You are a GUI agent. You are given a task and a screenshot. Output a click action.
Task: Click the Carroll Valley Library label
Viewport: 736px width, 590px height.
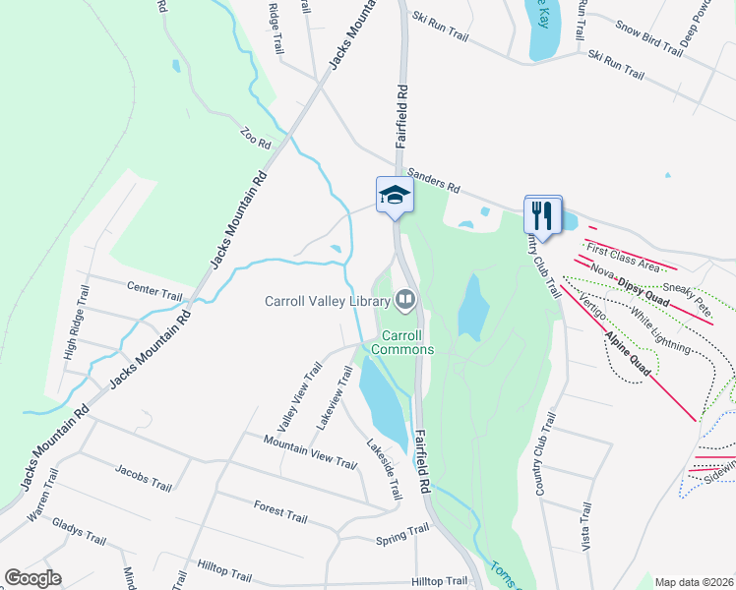327,301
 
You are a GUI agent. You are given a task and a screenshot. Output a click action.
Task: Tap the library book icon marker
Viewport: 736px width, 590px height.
404,298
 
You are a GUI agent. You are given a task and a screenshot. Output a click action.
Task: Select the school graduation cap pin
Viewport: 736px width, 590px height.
395,195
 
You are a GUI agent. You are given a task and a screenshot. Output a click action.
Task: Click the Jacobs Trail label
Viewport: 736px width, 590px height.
143,479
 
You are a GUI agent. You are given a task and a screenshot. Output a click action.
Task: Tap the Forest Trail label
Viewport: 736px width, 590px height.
281,512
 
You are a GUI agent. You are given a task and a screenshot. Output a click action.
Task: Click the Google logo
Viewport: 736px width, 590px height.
33,578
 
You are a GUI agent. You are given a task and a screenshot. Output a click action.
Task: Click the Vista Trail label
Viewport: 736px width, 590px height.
585,527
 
